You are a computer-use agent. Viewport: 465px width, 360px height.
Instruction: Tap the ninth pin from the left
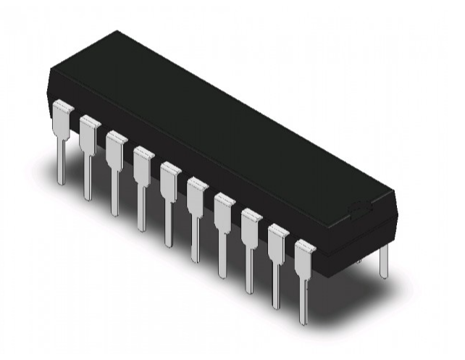[277, 256]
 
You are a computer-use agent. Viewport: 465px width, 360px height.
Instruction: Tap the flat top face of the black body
[217, 116]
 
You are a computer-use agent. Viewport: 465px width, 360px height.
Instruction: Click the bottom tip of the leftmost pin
[61, 181]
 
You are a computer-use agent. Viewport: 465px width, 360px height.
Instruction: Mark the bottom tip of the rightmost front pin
[303, 322]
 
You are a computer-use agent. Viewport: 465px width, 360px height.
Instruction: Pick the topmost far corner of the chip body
[116, 31]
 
